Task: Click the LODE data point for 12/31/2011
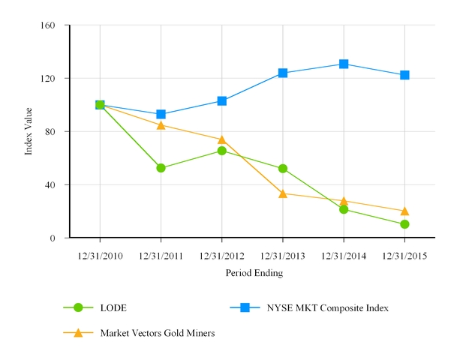click(x=161, y=168)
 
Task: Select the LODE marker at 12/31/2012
click(x=222, y=151)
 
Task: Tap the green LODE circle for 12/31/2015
click(x=404, y=224)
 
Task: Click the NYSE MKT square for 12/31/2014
click(x=344, y=64)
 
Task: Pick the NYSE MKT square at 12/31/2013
click(x=283, y=73)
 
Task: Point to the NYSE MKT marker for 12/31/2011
click(x=161, y=115)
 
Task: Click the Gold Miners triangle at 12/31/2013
click(x=283, y=193)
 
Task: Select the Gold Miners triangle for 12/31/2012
click(x=222, y=139)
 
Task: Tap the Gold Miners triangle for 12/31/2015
click(x=404, y=211)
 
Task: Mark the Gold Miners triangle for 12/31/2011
click(x=161, y=124)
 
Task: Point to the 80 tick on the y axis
click(x=51, y=132)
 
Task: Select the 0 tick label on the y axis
click(x=53, y=238)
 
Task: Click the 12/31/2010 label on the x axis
click(x=100, y=256)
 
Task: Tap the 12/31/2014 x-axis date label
click(x=344, y=256)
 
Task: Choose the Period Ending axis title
click(x=254, y=274)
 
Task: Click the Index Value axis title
click(x=29, y=132)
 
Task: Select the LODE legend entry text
click(x=113, y=307)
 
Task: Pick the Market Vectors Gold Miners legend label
click(x=158, y=333)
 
